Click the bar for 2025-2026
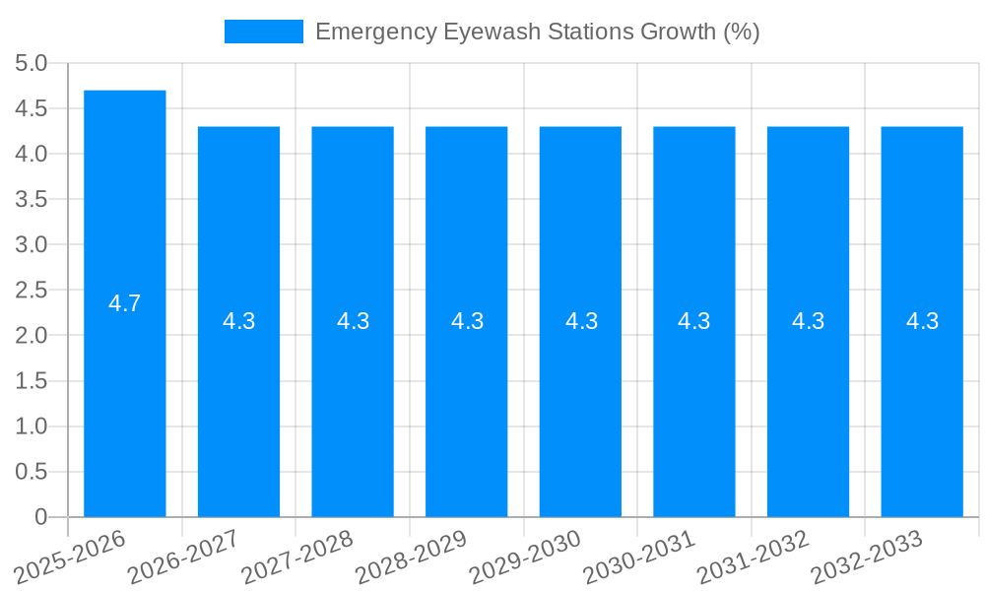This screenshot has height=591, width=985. point(125,394)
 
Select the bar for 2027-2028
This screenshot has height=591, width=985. point(353,414)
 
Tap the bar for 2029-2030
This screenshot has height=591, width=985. point(580,414)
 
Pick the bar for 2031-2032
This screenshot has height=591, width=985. point(808,414)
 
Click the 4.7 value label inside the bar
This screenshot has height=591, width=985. point(125,303)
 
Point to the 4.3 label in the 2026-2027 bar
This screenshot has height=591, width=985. point(238,321)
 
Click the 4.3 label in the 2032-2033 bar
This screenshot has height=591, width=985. point(922,321)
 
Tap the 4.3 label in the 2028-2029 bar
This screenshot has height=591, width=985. point(467,321)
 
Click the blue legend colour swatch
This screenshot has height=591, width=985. point(264,32)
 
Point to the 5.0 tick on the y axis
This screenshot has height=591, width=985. point(31,63)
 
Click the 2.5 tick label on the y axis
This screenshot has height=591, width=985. point(31,291)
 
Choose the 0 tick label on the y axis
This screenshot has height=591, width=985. point(40,517)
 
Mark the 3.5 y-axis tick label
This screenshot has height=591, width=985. point(31,199)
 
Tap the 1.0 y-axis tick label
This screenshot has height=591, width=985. point(31,427)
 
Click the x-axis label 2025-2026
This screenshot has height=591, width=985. point(72,557)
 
